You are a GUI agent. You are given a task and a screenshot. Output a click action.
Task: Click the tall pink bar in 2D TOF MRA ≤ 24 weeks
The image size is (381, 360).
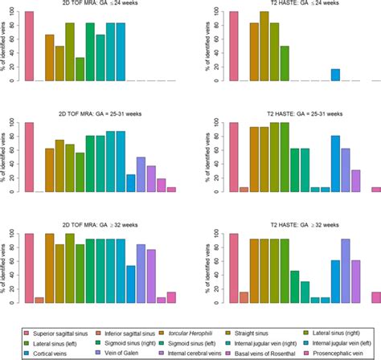coord(29,47)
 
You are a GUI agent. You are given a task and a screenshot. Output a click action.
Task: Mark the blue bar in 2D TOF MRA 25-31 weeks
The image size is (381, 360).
coord(131,183)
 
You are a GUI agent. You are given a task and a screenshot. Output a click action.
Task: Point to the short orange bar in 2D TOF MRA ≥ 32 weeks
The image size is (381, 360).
coord(39,300)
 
